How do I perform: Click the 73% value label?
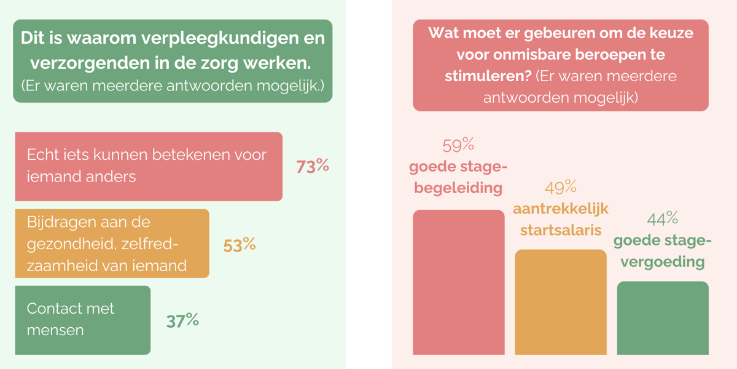313,167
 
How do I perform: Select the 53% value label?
239,245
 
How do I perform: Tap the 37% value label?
182,320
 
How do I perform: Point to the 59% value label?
458,146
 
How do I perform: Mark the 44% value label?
662,218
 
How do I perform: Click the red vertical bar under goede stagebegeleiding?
458,282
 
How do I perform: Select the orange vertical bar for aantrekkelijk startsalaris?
561,302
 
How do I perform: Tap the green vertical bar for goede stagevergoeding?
663,318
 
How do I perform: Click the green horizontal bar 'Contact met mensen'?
82,320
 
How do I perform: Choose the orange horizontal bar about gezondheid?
112,244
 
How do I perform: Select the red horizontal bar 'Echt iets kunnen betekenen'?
149,167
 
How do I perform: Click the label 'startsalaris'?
561,230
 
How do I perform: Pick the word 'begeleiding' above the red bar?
458,188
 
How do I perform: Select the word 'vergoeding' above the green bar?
663,261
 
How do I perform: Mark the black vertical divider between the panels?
368,184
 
